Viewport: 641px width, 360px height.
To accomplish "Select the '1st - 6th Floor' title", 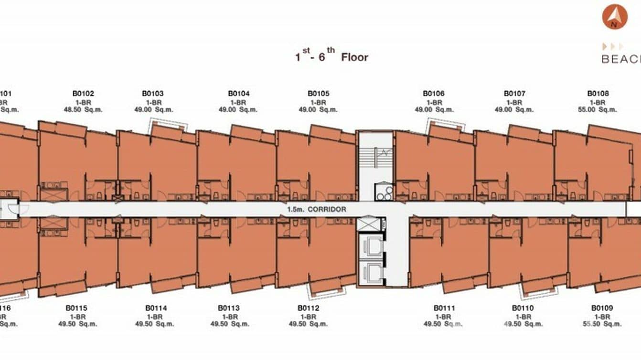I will tap(331, 57).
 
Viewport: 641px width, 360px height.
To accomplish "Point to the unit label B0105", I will tap(318, 94).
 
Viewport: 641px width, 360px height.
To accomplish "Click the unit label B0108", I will tap(598, 94).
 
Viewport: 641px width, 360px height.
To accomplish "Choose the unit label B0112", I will tap(308, 308).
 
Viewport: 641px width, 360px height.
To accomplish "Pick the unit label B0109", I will tap(602, 308).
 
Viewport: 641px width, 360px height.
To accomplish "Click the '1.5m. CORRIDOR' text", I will tap(317, 210).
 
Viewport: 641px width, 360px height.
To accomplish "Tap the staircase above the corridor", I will tap(375, 157).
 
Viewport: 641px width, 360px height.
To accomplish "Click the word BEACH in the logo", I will tap(621, 59).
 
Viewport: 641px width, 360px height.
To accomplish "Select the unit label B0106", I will tap(433, 94).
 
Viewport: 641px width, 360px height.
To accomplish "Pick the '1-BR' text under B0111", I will tap(444, 317).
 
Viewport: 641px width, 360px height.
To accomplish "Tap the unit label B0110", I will tap(523, 308).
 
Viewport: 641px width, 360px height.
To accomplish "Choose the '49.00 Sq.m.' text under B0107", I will tap(514, 109).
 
